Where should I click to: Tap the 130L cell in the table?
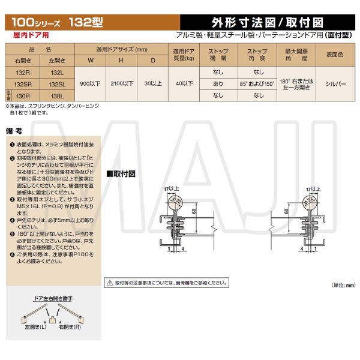coord(55,95)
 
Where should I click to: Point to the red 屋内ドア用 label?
coord(30,36)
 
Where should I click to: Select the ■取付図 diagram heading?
coord(122,173)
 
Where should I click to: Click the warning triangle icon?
coord(109,281)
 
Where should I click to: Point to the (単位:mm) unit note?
coord(343,286)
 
